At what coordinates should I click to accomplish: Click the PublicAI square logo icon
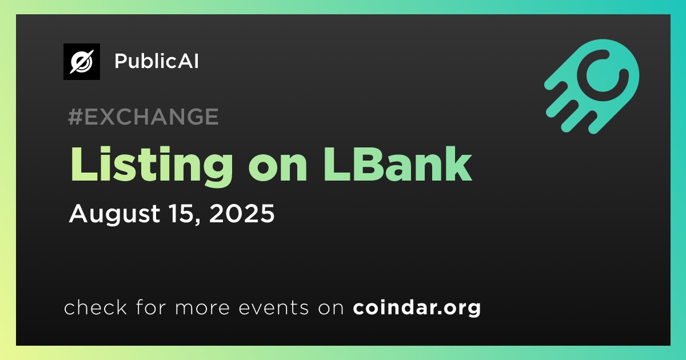click(82, 62)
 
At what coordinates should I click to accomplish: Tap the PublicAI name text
click(157, 61)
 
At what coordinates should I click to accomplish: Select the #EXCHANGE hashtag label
click(143, 117)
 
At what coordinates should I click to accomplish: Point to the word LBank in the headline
click(397, 164)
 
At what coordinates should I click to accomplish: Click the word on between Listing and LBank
click(278, 169)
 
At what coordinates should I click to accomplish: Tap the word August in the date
click(114, 215)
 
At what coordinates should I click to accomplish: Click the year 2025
click(242, 213)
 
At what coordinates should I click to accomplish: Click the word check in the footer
click(95, 307)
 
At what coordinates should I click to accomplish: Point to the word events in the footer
click(274, 307)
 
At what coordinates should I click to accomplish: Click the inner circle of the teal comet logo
click(603, 75)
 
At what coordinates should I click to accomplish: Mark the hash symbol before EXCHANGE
click(75, 117)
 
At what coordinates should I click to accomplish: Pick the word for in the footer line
click(151, 307)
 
